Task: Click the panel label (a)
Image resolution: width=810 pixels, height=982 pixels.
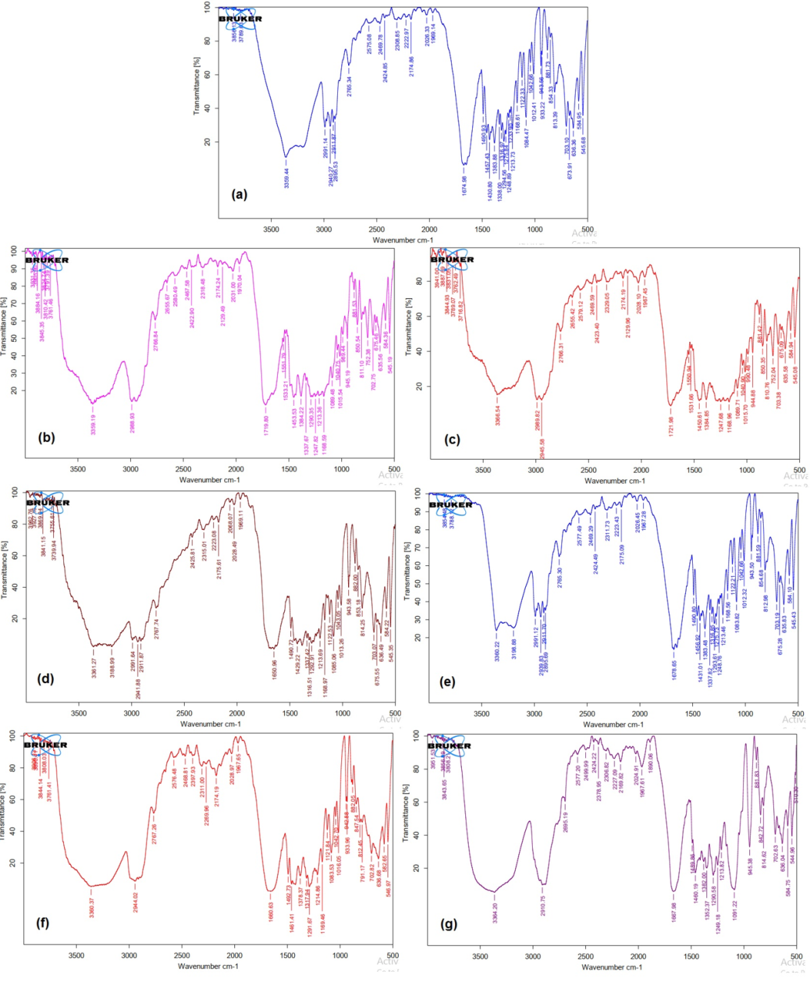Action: [239, 195]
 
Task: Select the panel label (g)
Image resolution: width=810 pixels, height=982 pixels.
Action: [449, 924]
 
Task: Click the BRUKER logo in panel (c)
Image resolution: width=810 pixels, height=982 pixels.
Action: [452, 259]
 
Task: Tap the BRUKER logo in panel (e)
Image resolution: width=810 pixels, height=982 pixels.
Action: [450, 505]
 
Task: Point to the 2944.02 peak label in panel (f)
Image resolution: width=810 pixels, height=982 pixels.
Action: [136, 902]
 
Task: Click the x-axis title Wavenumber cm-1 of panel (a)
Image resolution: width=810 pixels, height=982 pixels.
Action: [403, 240]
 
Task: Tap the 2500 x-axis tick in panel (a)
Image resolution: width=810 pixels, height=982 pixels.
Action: [377, 229]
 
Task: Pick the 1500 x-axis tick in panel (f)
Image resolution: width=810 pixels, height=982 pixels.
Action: [287, 955]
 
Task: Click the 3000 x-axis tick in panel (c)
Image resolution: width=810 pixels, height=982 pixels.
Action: [535, 470]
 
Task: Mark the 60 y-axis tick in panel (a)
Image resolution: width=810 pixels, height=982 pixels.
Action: [207, 74]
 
